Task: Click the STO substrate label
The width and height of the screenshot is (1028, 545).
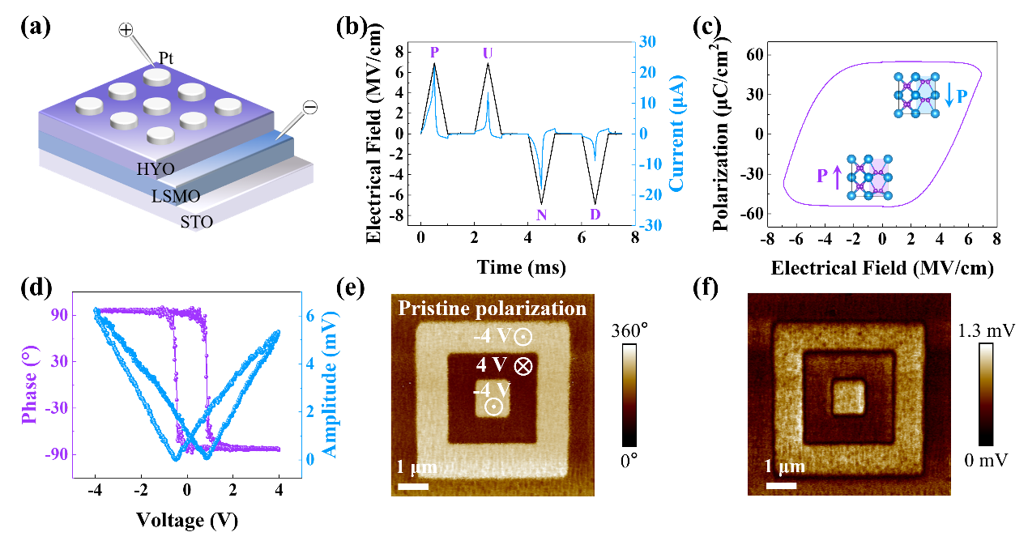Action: (x=197, y=220)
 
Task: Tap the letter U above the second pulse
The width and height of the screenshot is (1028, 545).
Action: (x=487, y=53)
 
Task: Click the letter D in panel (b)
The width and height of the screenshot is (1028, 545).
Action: (x=595, y=215)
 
